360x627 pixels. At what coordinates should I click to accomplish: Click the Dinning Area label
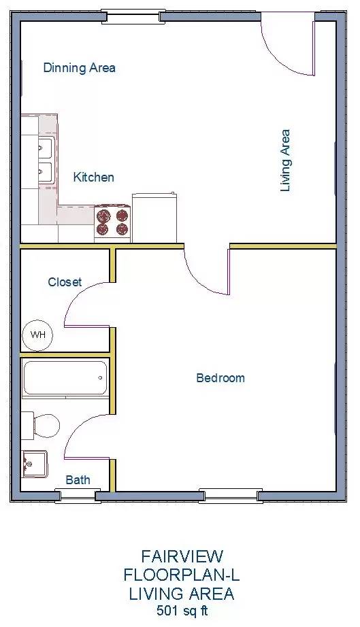[79, 67]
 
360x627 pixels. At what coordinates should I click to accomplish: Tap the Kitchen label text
[94, 177]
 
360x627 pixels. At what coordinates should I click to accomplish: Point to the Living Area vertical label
[285, 160]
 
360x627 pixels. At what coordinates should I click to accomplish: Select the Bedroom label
[220, 378]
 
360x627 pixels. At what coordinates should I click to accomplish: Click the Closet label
[65, 282]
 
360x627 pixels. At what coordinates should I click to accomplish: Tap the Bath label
[78, 480]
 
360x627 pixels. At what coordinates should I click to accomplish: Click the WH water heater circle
[38, 335]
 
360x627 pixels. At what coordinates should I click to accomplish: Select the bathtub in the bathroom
[65, 378]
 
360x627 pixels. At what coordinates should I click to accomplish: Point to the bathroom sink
[35, 464]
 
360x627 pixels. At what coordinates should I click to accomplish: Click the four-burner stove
[112, 223]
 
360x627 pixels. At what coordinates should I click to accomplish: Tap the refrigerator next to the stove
[154, 218]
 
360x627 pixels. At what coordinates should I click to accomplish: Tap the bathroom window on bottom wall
[78, 496]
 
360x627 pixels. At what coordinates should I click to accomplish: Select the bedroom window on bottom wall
[231, 496]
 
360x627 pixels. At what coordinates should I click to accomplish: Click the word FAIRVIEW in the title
[182, 556]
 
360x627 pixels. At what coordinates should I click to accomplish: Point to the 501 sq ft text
[182, 611]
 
